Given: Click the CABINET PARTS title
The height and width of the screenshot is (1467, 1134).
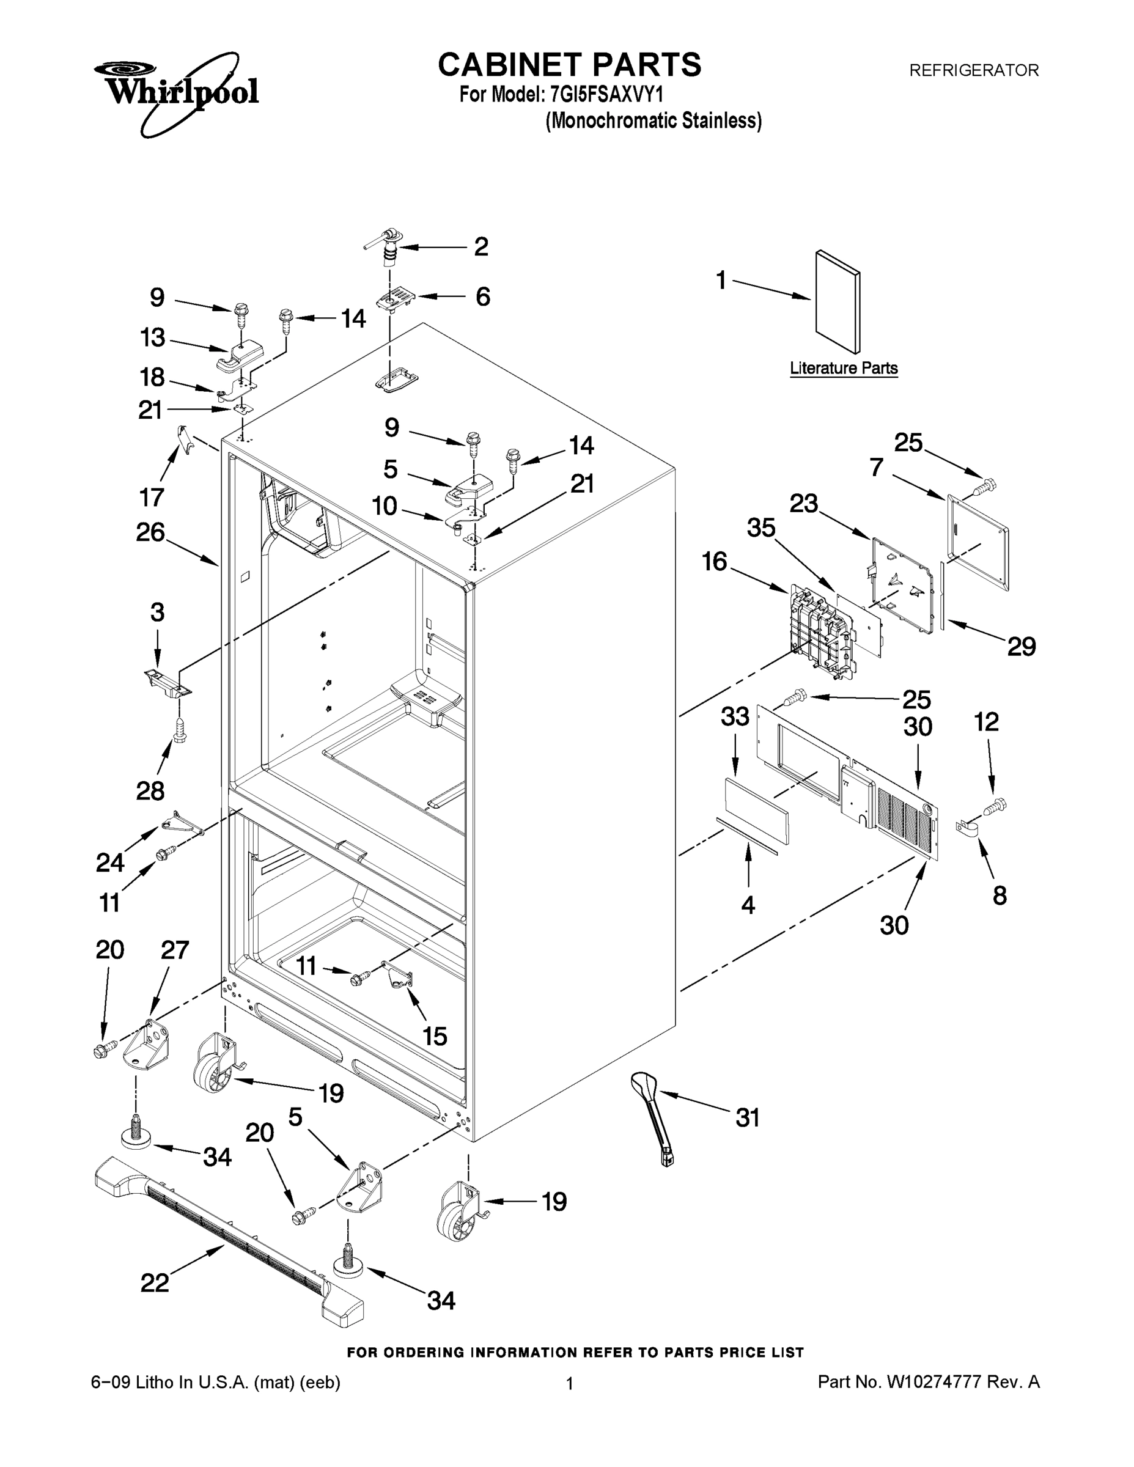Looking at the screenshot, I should pos(569,65).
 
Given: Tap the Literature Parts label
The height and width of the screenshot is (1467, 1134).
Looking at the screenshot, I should pos(843,368).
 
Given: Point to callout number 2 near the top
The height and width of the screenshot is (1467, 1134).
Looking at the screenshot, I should pos(481,247).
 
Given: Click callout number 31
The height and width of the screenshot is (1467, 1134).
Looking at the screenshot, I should pos(747,1118).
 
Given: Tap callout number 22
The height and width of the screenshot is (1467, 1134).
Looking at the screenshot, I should pos(155,1283).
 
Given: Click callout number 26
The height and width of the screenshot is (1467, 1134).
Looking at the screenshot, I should pos(150,532).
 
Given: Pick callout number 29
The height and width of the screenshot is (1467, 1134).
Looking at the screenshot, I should pos(1021,646).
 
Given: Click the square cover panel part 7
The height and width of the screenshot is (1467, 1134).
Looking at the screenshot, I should pos(978,542).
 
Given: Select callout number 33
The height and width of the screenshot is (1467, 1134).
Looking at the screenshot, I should pos(735,717).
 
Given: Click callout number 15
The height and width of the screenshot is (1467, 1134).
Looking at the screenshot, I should pos(435,1037).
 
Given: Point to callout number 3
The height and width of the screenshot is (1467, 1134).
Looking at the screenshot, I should pos(157,612).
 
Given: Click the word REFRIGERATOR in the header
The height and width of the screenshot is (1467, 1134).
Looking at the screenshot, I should pos(973,70).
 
